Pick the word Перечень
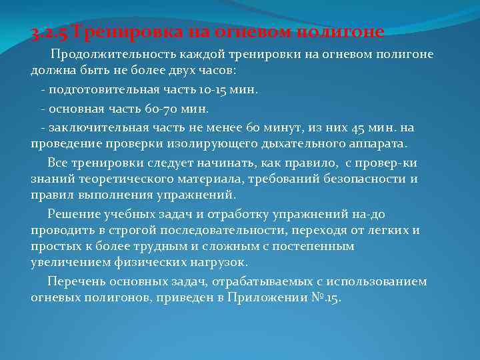click(75, 281)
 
